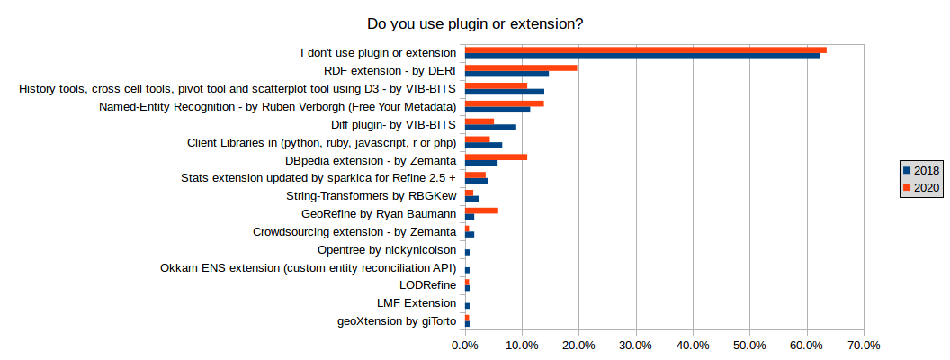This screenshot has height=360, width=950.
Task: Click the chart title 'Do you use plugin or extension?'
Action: [474, 23]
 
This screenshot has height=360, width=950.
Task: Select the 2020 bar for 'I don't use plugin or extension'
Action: [645, 49]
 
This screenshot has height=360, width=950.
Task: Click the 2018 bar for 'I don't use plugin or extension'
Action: [641, 56]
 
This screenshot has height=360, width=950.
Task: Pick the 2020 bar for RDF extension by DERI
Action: [521, 67]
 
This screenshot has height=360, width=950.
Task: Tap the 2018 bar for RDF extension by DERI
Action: [506, 74]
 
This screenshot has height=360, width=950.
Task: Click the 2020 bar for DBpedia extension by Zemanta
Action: [496, 157]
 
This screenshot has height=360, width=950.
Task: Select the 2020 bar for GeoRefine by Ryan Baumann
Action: [481, 211]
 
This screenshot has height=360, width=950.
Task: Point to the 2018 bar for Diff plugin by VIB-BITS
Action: [490, 127]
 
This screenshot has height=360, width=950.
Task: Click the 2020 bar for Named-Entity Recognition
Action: [504, 103]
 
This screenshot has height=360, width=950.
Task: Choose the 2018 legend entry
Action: [920, 171]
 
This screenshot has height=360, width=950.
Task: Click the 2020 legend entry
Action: [920, 188]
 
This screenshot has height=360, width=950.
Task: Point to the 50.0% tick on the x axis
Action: [749, 345]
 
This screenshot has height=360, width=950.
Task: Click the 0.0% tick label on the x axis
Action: [465, 345]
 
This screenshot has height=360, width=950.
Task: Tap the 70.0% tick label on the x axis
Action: [864, 345]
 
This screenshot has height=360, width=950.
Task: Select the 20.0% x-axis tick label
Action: [578, 345]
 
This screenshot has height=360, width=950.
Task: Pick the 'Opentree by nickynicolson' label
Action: [387, 250]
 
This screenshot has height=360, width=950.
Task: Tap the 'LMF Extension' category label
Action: [417, 303]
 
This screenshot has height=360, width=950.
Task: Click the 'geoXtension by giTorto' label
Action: [396, 321]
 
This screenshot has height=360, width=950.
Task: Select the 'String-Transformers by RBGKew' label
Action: [371, 196]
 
